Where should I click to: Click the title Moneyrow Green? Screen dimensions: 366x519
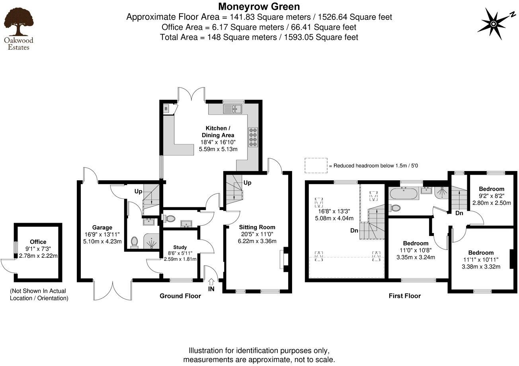(x=259, y=6)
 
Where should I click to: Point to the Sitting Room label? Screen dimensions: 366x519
(x=257, y=227)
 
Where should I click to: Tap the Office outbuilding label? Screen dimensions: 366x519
(x=38, y=241)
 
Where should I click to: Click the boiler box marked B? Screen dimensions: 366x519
(x=166, y=109)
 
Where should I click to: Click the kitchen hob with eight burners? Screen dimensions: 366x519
(x=253, y=137)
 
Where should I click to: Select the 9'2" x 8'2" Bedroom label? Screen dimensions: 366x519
(x=491, y=189)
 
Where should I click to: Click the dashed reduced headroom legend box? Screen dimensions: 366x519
(x=316, y=165)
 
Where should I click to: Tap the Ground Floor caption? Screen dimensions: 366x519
(x=180, y=296)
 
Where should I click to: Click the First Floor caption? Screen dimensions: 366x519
(x=404, y=296)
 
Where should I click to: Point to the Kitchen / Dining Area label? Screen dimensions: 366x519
(x=217, y=132)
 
